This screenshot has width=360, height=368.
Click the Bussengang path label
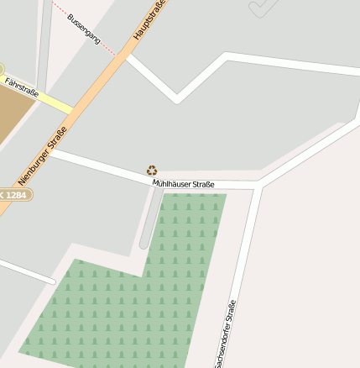point(84,29)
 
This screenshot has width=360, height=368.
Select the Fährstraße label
point(22,87)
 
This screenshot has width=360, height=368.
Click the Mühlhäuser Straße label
point(183,184)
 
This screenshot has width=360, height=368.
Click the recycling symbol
point(152,171)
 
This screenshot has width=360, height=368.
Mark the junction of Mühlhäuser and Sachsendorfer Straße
point(258,185)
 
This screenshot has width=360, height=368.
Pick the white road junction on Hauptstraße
point(126,57)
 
